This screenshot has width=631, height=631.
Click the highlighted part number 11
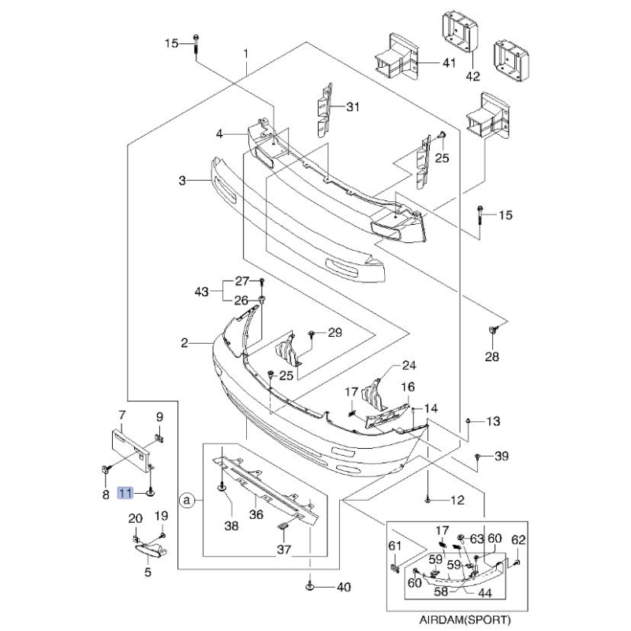pos(125,493)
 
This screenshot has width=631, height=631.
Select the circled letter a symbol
pos(187,499)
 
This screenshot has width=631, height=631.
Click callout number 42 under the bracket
pos(472,77)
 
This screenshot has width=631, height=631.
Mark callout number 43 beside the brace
pos(202,292)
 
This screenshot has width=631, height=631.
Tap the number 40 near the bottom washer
pos(342,587)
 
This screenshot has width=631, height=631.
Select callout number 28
pos(492,357)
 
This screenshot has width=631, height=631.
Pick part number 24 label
pos(409,365)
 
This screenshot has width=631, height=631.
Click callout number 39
pos(502,457)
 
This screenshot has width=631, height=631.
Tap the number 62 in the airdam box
pos(518,540)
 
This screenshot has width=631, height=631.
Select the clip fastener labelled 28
pos(493,329)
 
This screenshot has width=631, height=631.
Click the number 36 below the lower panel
pos(256,514)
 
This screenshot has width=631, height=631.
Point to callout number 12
pos(457,500)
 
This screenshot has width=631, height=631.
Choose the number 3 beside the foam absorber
pos(181,181)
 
